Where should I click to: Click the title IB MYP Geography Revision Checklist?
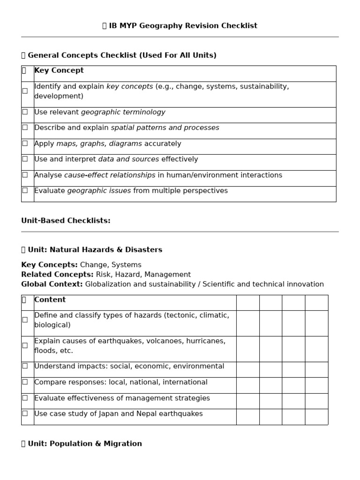click(183, 26)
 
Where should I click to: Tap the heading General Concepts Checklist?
click(122, 55)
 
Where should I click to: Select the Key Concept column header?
click(59, 70)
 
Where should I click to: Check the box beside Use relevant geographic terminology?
click(25, 112)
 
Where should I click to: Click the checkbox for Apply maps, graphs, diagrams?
click(25, 143)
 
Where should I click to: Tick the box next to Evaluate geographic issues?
click(25, 190)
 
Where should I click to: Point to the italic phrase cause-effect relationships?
click(110, 175)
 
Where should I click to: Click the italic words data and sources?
click(128, 159)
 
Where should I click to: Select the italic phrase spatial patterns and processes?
click(165, 128)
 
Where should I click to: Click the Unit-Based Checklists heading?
click(66, 221)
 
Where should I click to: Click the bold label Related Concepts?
click(57, 275)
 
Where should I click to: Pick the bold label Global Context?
click(52, 285)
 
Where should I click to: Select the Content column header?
click(50, 300)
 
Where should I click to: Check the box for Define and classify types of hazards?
click(25, 320)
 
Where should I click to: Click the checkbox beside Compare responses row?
click(25, 382)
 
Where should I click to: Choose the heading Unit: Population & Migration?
click(84, 444)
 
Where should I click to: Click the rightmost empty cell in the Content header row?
click(316, 303)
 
